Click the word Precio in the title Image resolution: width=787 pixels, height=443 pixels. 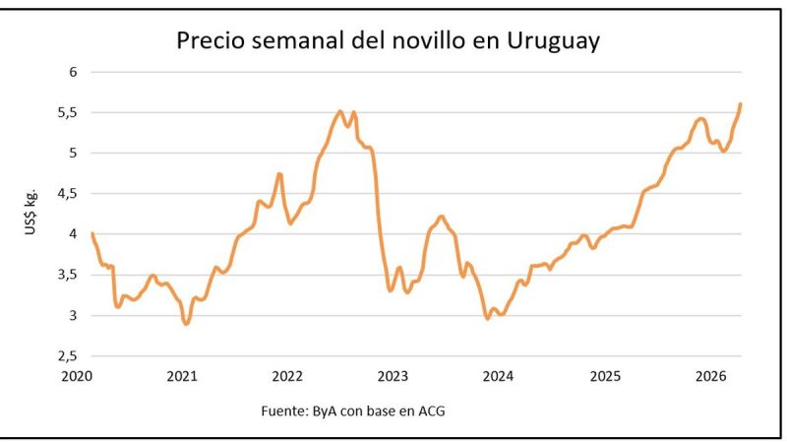coord(210,41)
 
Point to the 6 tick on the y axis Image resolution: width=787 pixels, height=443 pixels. coord(72,71)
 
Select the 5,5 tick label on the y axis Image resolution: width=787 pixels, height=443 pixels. coord(66,112)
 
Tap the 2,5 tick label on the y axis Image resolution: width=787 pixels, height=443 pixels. coord(66,356)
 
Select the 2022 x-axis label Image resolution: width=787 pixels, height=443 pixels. coord(287,376)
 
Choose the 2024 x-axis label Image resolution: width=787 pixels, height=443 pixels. coord(499,376)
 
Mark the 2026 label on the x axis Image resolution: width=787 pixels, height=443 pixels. coord(710,376)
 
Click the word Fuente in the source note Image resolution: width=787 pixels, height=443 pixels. coord(284,410)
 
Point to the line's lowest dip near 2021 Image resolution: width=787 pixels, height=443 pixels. coord(186,323)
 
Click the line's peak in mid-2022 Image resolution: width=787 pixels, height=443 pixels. coord(340,111)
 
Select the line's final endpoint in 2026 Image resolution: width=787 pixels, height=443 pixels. coord(740,104)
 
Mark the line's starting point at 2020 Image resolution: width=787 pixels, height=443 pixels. coord(91,233)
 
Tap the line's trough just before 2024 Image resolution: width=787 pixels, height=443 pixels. coord(487,318)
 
